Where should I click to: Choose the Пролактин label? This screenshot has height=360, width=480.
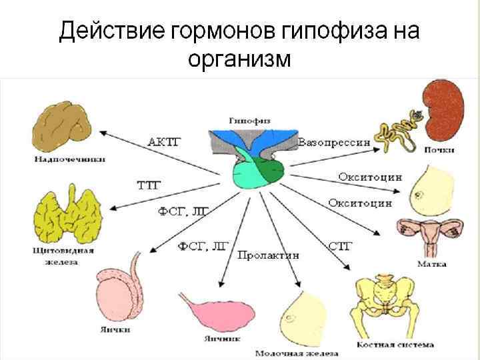point(267,255)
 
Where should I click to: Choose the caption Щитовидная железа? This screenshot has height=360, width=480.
point(63,257)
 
